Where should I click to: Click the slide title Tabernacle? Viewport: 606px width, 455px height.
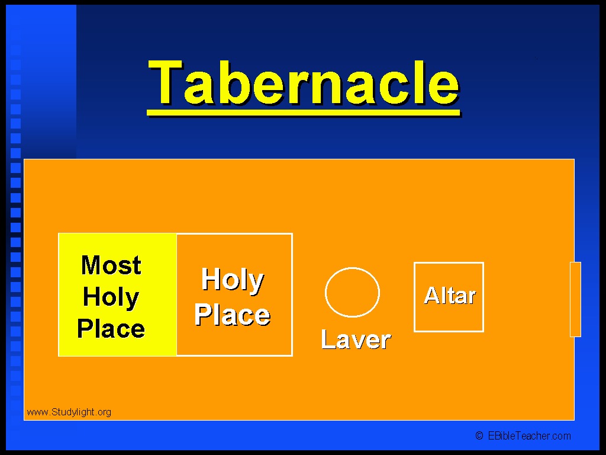tap(304, 83)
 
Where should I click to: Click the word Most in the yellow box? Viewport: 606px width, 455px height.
tap(111, 265)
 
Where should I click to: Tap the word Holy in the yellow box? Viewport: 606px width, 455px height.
tap(111, 298)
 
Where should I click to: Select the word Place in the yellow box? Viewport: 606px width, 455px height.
tap(111, 329)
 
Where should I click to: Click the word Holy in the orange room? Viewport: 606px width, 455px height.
tap(233, 280)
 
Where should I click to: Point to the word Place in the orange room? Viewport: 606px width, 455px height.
tap(232, 314)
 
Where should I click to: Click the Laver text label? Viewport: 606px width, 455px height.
tap(356, 339)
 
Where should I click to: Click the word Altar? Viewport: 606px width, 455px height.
tap(450, 296)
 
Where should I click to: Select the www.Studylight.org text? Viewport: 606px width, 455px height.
tap(69, 412)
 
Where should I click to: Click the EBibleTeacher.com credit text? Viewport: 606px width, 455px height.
tap(529, 436)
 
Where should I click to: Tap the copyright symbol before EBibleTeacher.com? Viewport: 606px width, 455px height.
tap(479, 436)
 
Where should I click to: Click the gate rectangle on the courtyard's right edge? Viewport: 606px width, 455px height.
tap(575, 299)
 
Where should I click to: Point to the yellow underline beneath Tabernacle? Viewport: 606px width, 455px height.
tap(304, 113)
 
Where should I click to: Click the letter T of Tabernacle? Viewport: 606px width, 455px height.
tap(166, 82)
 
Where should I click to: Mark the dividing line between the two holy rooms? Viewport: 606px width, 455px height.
tap(176, 294)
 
